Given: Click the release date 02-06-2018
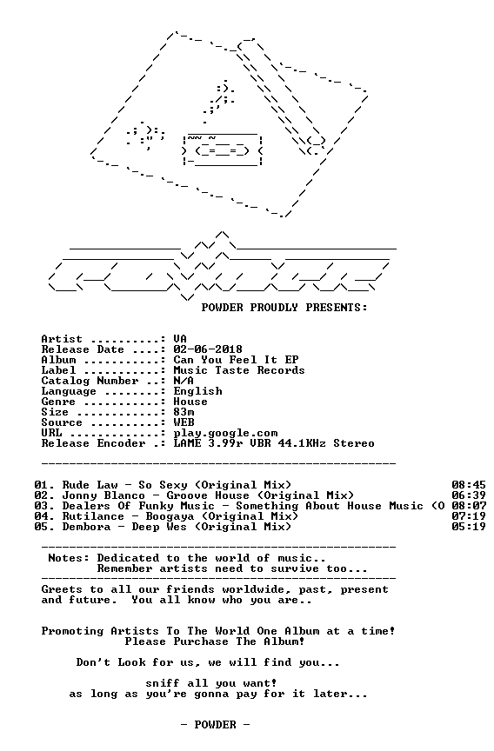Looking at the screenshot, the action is click(x=208, y=349).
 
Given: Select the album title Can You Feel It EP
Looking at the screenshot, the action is click(x=236, y=360).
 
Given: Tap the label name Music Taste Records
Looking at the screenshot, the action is click(x=239, y=370).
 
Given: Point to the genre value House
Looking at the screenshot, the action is click(x=190, y=402).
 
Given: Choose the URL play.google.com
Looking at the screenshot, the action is click(x=225, y=434).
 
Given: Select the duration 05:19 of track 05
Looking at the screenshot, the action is click(x=469, y=527).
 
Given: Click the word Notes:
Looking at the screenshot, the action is click(x=69, y=558).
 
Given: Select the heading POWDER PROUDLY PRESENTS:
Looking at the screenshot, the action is click(x=284, y=308).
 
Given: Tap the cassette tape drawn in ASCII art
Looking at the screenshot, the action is click(x=223, y=150).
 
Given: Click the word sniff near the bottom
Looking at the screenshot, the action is click(x=163, y=683).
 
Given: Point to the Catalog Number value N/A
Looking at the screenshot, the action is click(x=184, y=381).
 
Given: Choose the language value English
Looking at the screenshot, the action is click(x=197, y=391).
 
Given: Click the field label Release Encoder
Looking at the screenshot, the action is click(x=93, y=443).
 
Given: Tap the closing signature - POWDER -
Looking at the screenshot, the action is click(x=215, y=725).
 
